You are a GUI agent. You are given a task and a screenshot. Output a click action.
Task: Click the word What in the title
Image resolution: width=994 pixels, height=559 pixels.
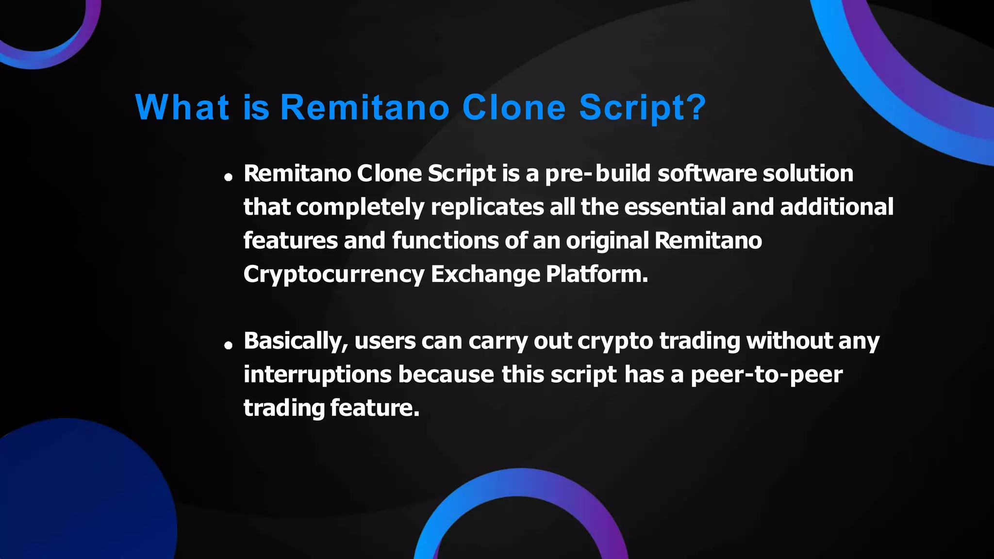point(182,107)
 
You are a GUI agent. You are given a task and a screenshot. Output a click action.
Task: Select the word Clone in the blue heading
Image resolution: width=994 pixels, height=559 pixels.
point(514,107)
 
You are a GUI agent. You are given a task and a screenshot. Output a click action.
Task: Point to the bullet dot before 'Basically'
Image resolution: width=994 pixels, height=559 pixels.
point(228,345)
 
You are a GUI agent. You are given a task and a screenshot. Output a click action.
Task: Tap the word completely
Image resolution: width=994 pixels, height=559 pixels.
point(360,207)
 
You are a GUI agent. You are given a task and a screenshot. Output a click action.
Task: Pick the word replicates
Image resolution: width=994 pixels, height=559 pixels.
point(487,207)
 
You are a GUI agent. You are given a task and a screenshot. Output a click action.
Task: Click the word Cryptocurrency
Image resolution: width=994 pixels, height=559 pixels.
point(334,275)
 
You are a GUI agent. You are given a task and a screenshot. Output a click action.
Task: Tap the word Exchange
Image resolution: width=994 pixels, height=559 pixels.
point(485,274)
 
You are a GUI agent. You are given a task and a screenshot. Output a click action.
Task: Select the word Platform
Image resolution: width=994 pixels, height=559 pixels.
point(597,274)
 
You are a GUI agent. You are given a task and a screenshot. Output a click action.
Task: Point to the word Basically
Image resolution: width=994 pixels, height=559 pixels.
point(296,341)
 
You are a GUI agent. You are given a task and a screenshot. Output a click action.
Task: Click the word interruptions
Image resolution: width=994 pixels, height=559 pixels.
point(317,375)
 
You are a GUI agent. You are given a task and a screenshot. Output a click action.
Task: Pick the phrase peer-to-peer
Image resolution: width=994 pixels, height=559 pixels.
point(766,375)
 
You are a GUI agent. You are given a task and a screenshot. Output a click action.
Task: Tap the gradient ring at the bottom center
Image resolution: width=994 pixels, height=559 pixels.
point(520,483)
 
